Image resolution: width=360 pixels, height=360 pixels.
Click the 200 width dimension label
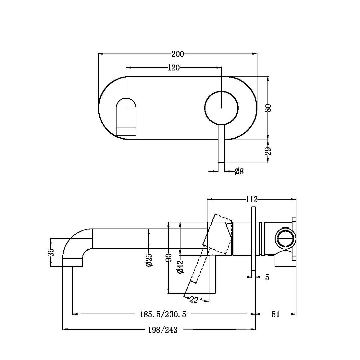pos(177,54)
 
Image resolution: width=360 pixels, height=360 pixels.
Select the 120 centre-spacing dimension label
pos(173,68)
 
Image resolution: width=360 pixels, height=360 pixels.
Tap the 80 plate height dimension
pos(269,108)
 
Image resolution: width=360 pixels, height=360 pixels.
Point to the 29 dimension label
pos(269,151)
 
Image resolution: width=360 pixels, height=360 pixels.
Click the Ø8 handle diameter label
pos(239,172)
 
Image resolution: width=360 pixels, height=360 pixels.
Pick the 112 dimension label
pos(251,199)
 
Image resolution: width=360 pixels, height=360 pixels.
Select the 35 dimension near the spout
pos(51,252)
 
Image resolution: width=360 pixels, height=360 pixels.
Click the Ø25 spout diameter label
pos(149,259)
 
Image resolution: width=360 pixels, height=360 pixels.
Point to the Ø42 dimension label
pos(180,267)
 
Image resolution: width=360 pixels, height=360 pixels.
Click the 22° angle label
pos(196,300)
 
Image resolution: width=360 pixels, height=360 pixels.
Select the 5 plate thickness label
pos(267,277)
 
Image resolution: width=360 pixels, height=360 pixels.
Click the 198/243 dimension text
pos(163,330)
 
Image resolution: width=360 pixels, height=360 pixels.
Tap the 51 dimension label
pos(275,314)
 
